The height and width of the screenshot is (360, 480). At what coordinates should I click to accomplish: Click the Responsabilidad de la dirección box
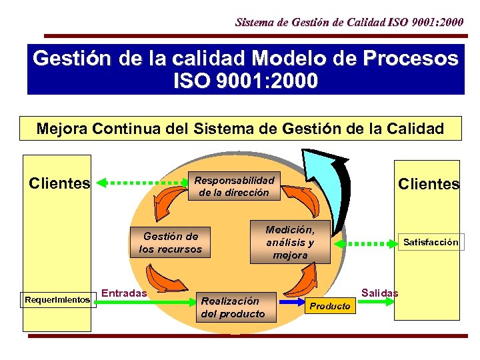click(x=233, y=187)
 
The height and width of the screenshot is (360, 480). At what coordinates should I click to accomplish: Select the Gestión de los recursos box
click(x=170, y=243)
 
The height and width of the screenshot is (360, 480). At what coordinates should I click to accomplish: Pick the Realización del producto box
click(x=233, y=307)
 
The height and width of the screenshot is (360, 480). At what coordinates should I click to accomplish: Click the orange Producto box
click(x=330, y=306)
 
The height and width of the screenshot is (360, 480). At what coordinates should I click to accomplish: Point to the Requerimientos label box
click(x=57, y=300)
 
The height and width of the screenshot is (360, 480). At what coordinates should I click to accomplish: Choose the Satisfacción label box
click(x=431, y=243)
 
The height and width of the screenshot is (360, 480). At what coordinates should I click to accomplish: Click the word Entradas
click(x=125, y=291)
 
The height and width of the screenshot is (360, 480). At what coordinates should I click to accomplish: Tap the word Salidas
click(x=379, y=293)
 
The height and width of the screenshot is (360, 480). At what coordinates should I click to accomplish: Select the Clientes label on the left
click(x=59, y=183)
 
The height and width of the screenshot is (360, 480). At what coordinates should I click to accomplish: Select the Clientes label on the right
click(x=428, y=184)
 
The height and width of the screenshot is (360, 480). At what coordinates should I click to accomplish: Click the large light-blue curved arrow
click(x=327, y=187)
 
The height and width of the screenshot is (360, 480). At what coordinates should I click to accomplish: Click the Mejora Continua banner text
click(x=240, y=128)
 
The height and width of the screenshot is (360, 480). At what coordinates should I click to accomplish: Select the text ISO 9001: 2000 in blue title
click(x=245, y=82)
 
